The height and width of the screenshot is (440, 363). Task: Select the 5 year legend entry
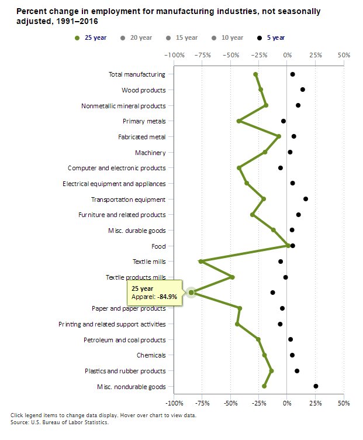coord(271,38)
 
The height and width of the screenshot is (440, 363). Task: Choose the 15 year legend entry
coord(182,38)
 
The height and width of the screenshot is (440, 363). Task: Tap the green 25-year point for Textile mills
coord(201,262)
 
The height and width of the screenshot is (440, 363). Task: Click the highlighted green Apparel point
coord(191,293)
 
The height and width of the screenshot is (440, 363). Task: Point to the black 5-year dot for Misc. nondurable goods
coord(316,386)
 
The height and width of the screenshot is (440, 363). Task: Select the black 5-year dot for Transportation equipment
coord(306,199)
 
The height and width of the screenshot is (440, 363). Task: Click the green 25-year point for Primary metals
coord(238,121)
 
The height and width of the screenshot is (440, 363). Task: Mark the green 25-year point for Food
coord(288,246)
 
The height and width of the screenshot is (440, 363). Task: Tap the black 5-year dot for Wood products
coord(303,90)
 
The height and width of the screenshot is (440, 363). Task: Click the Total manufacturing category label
coord(137,74)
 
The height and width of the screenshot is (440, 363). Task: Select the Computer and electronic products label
coord(116,168)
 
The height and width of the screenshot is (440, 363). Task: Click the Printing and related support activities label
coord(112,324)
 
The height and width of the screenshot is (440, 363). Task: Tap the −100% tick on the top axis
coord(174,55)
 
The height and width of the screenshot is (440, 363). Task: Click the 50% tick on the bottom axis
coord(344,404)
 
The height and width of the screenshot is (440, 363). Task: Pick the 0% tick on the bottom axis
coord(287,404)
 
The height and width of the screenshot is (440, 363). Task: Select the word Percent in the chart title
coord(30,11)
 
